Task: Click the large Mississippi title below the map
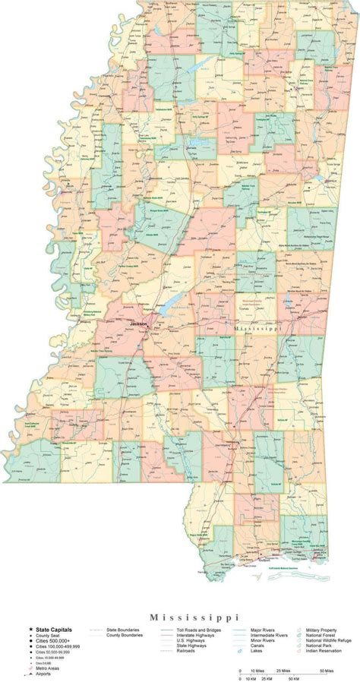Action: pyautogui.click(x=180, y=617)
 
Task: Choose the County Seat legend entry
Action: pyautogui.click(x=47, y=636)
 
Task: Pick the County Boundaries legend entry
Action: pyautogui.click(x=126, y=636)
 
